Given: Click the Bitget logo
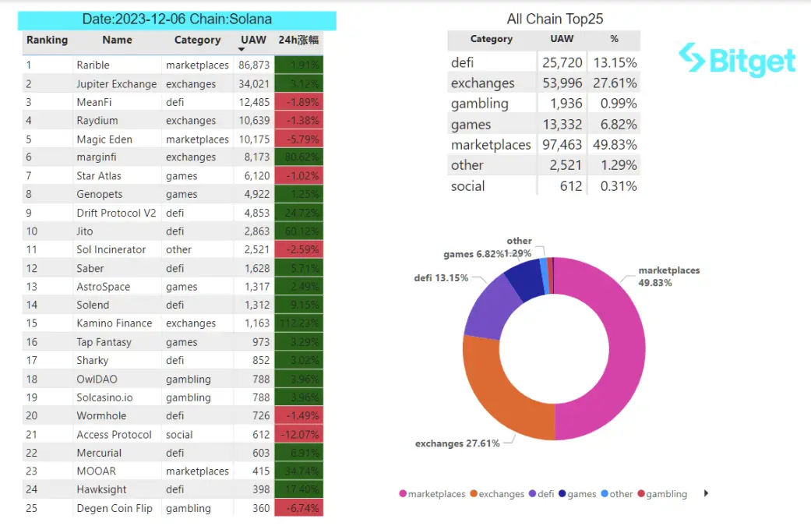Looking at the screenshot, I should (x=736, y=59).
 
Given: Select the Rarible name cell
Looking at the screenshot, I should (x=93, y=65).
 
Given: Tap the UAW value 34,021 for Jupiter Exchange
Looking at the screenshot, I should (x=254, y=84).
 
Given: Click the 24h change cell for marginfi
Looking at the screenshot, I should (x=299, y=157).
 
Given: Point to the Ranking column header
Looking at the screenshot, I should (x=47, y=40).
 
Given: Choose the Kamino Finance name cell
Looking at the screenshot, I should (x=115, y=323).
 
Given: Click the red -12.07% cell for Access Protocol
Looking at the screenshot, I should (x=299, y=435).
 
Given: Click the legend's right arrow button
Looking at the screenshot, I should (x=707, y=493).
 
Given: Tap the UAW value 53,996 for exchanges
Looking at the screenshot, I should (x=561, y=83).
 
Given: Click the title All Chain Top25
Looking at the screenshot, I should (x=555, y=19).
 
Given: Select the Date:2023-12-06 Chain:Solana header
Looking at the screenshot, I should (x=177, y=19).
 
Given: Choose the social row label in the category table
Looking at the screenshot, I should (x=467, y=186).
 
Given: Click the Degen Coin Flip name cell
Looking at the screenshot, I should (x=115, y=508).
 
